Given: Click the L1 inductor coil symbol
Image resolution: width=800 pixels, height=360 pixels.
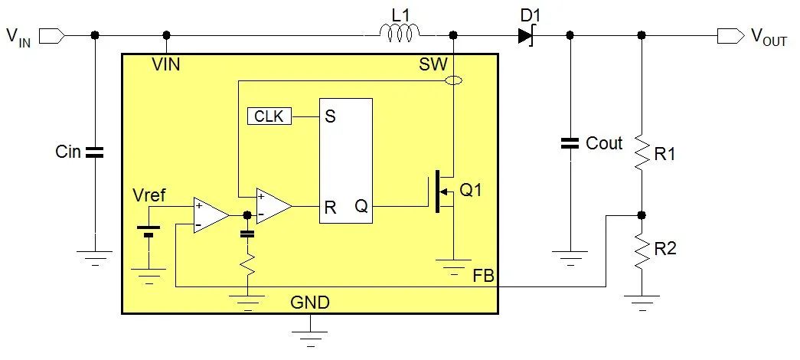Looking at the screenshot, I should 400,33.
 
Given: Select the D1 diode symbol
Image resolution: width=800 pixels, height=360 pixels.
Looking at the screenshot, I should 525,35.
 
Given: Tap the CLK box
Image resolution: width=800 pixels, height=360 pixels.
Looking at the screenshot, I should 269,116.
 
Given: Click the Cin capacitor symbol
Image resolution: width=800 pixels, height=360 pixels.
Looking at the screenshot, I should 94,152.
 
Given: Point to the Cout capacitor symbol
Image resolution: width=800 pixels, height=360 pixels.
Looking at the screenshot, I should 569,143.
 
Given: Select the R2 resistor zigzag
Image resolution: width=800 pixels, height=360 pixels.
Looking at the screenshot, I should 642,250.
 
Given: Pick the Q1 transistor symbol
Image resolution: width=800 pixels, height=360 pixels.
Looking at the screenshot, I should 442,192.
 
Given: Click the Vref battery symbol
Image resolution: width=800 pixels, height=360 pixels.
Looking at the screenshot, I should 149,231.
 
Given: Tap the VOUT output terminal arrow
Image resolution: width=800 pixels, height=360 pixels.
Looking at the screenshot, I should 730,35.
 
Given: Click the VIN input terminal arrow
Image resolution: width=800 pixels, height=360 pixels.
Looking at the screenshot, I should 51,35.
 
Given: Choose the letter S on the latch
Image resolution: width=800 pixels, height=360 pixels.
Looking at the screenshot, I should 330,116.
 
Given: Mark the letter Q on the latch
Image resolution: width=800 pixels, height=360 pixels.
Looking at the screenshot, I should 361,206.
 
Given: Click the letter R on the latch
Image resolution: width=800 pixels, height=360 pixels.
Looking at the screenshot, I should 330,207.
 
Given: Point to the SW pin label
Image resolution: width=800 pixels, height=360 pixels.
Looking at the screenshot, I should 433,64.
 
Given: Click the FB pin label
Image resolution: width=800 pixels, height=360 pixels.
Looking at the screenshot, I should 484,274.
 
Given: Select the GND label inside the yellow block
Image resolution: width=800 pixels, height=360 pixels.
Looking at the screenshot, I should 310,303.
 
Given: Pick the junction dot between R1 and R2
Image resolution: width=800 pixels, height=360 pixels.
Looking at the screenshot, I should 642,215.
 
